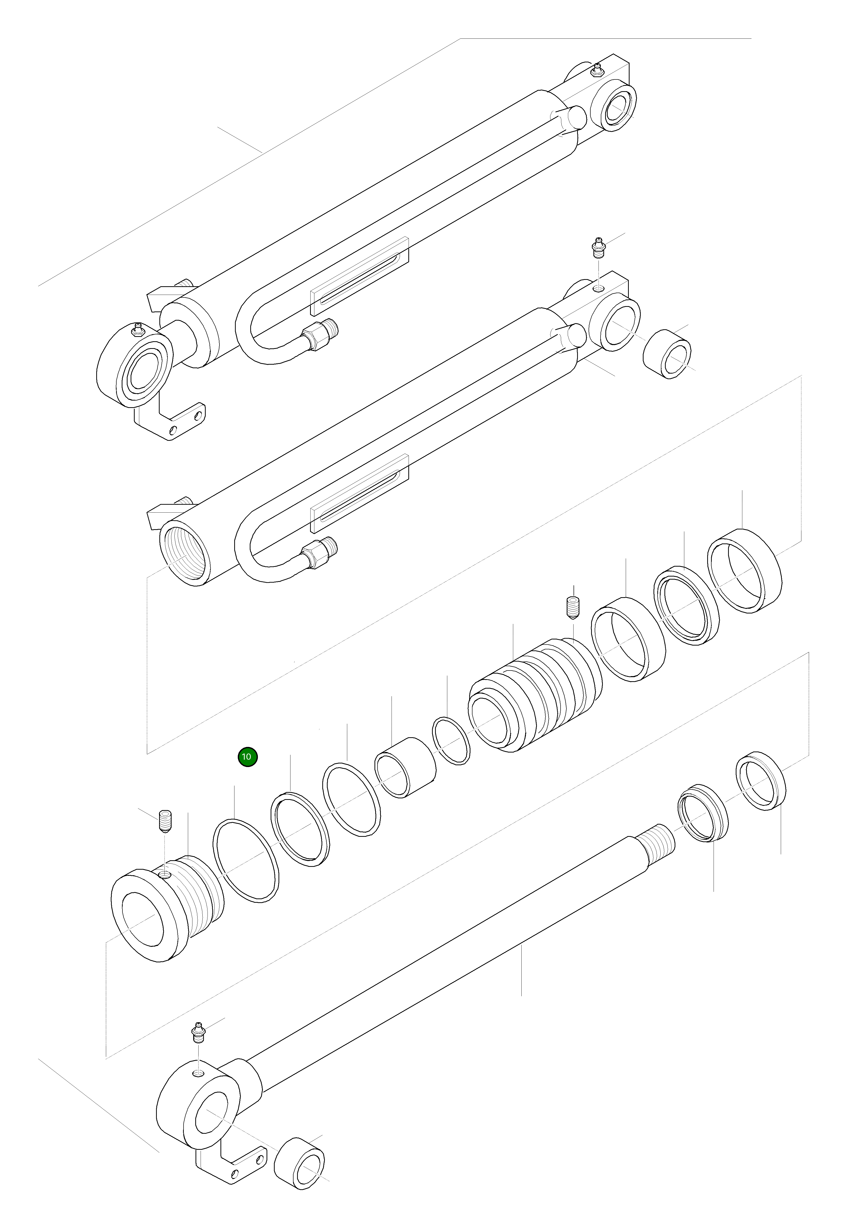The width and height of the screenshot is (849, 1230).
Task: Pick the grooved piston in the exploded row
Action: coord(535,697)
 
